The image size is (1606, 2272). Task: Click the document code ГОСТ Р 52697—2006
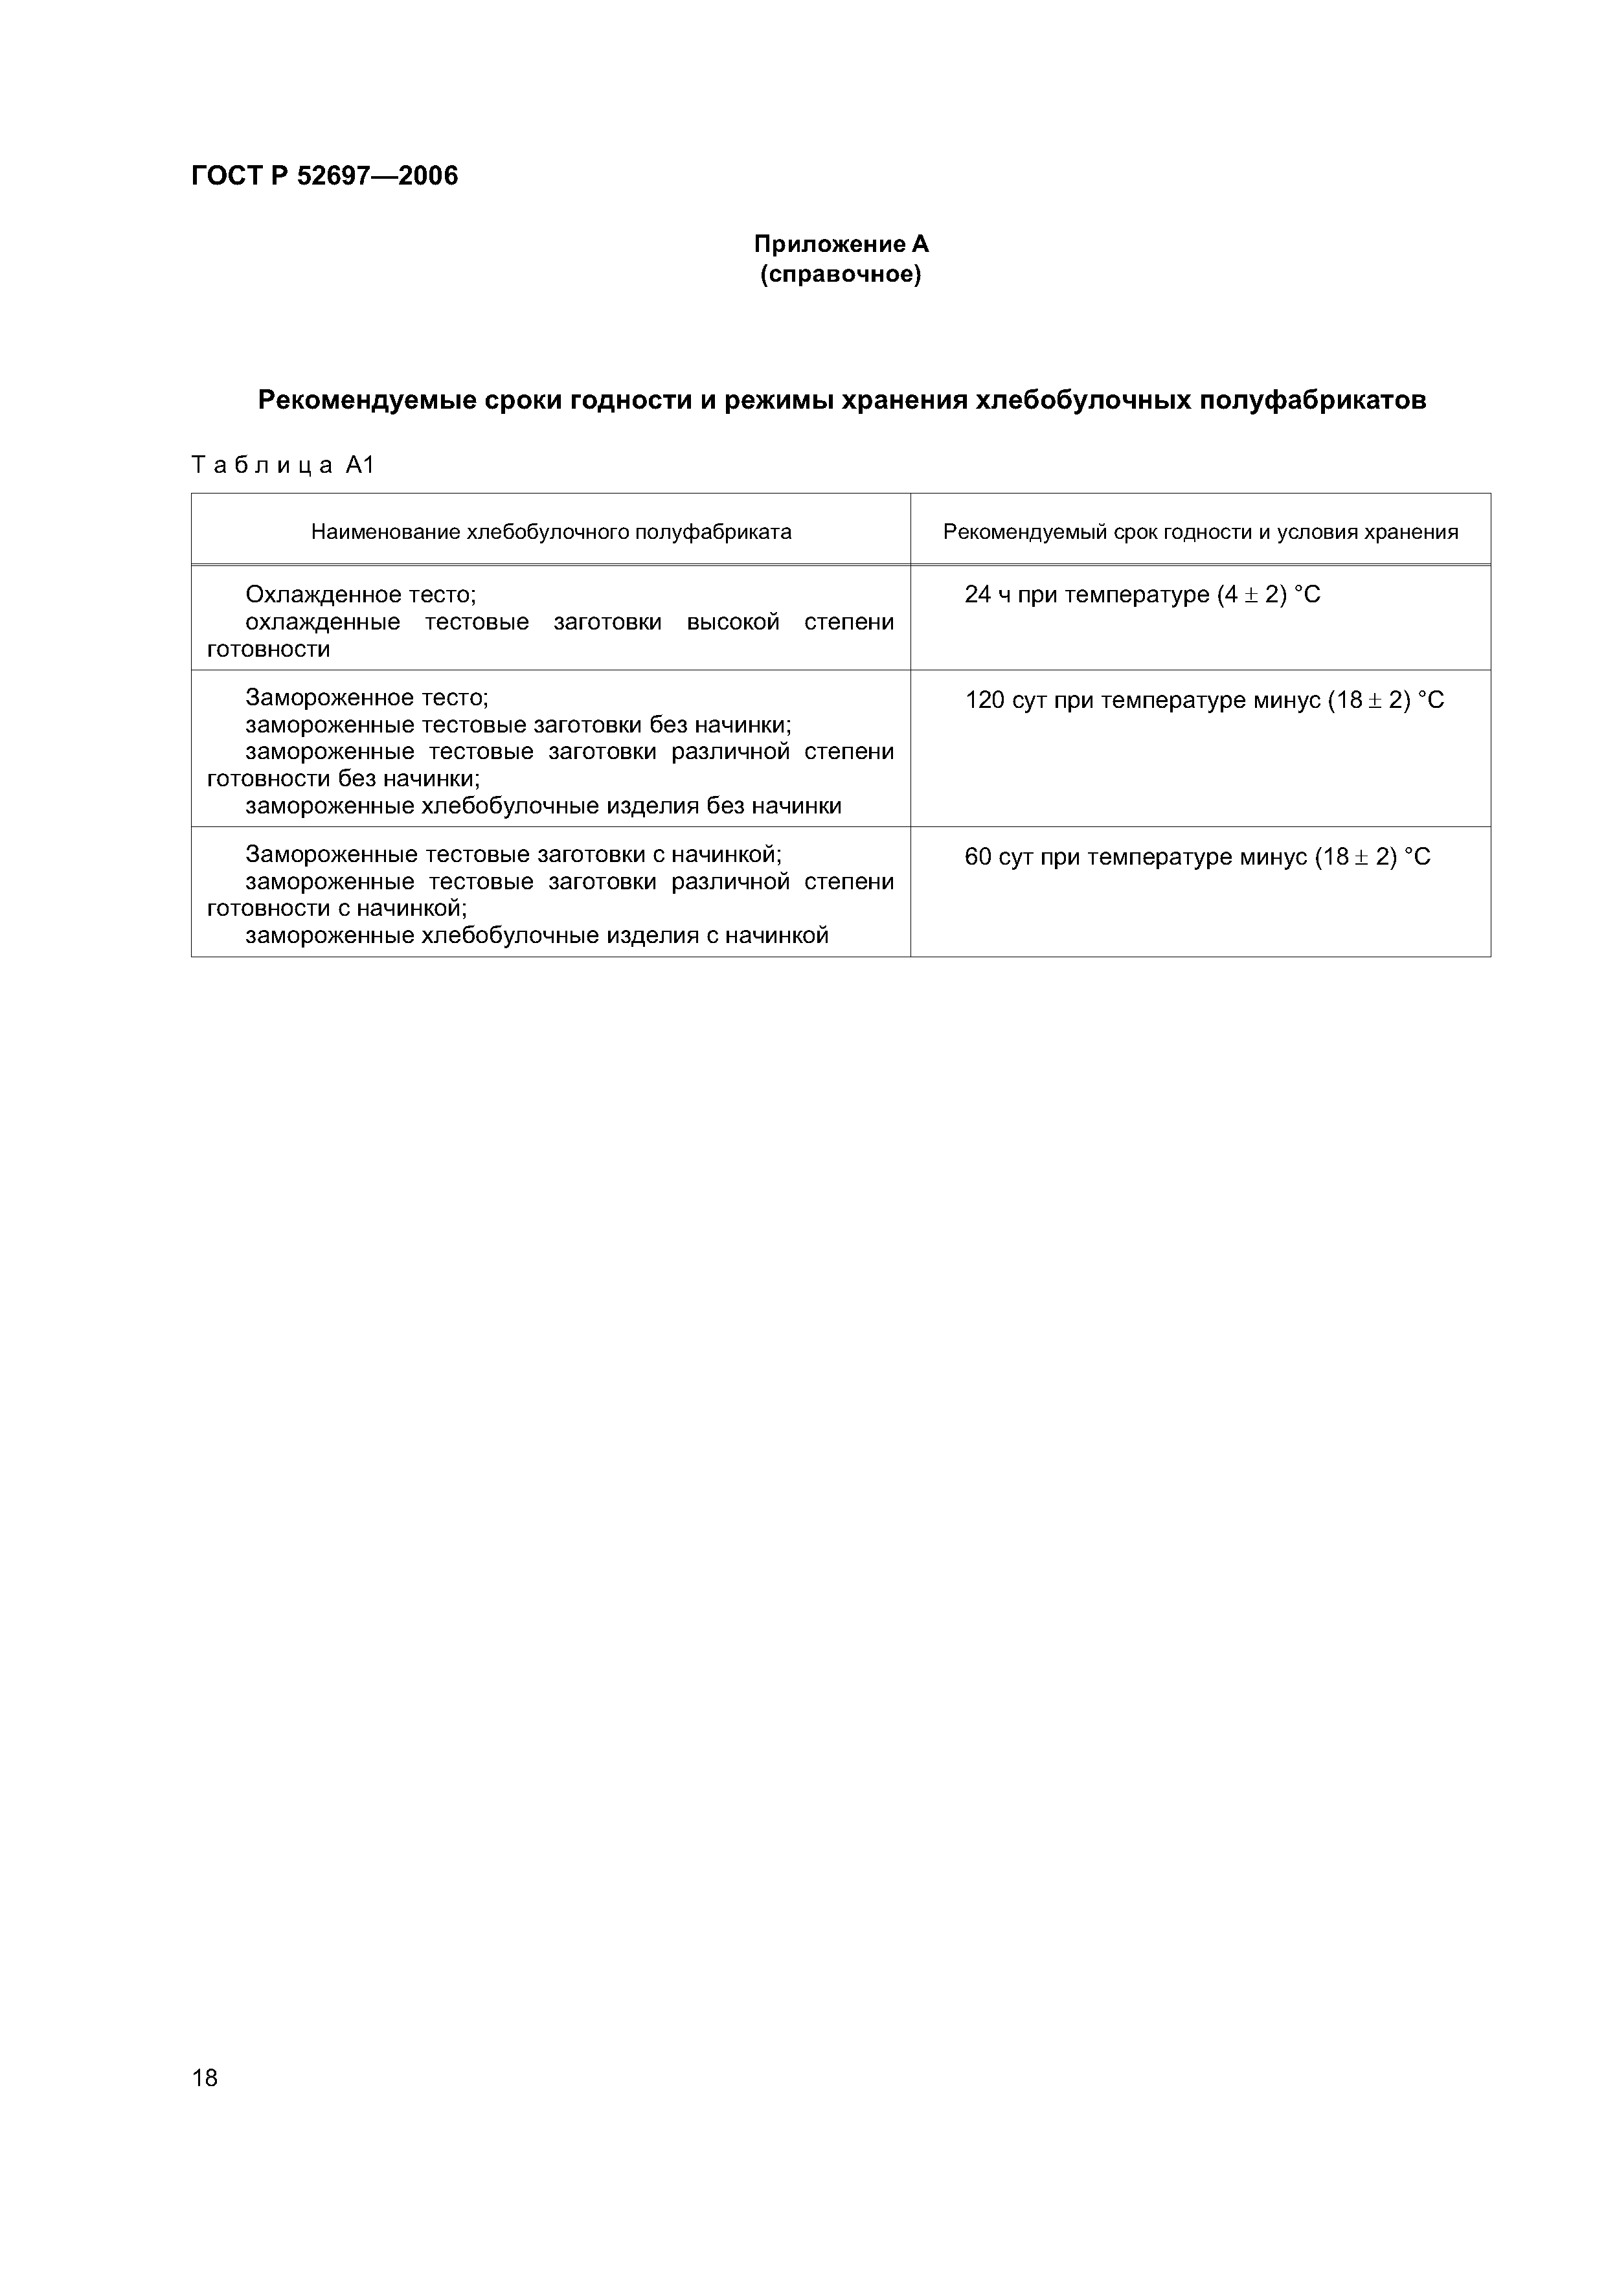[324, 176]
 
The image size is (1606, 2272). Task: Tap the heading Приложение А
[841, 244]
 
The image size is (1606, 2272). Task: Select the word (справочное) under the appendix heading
[841, 274]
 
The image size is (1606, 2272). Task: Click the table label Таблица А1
[283, 464]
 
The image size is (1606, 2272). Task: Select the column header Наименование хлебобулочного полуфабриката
[551, 532]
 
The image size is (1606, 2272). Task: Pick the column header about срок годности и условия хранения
[1201, 532]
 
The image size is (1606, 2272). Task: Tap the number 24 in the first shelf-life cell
[978, 595]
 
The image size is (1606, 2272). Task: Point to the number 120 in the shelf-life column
[984, 701]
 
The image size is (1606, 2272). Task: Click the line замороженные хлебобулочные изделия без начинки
[543, 806]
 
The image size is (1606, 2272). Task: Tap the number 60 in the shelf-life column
[978, 857]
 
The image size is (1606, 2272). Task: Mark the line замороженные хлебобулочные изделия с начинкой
[536, 935]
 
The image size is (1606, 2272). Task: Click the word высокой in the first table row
[733, 622]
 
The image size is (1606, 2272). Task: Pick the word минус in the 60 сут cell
[1271, 857]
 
